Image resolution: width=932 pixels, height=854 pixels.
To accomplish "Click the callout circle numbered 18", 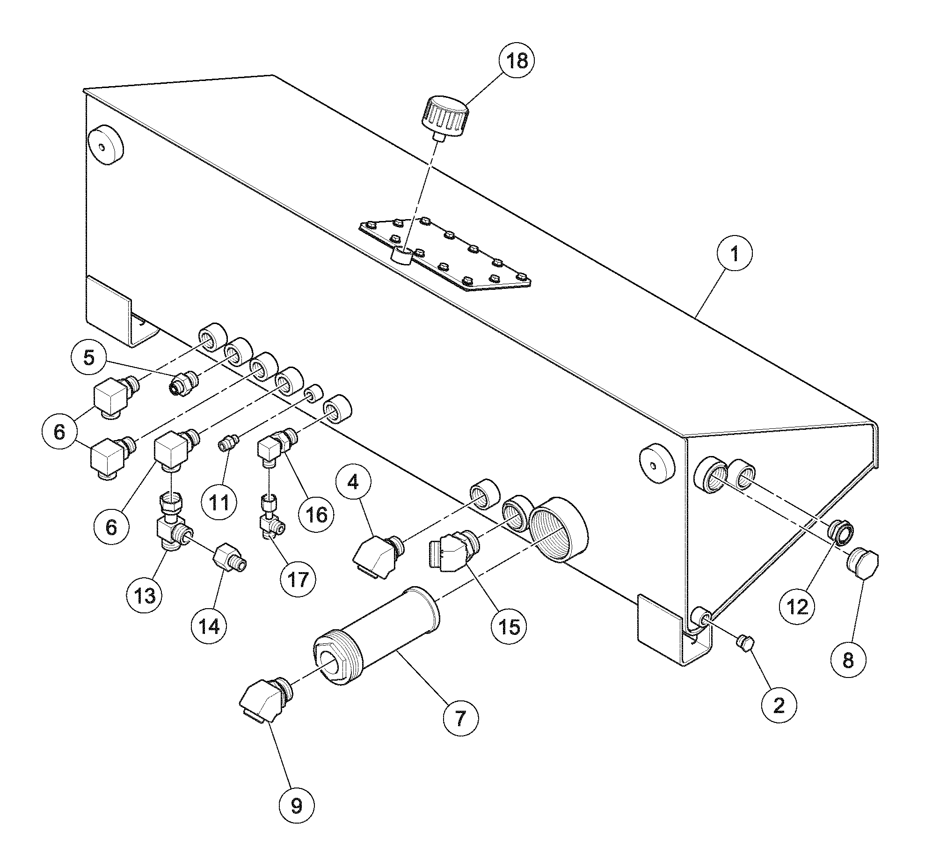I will point(517,61).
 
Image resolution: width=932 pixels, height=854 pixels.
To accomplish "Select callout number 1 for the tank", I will point(735,254).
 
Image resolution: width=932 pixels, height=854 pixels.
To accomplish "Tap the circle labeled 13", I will point(144,596).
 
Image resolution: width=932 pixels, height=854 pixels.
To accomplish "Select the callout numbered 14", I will point(209,626).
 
